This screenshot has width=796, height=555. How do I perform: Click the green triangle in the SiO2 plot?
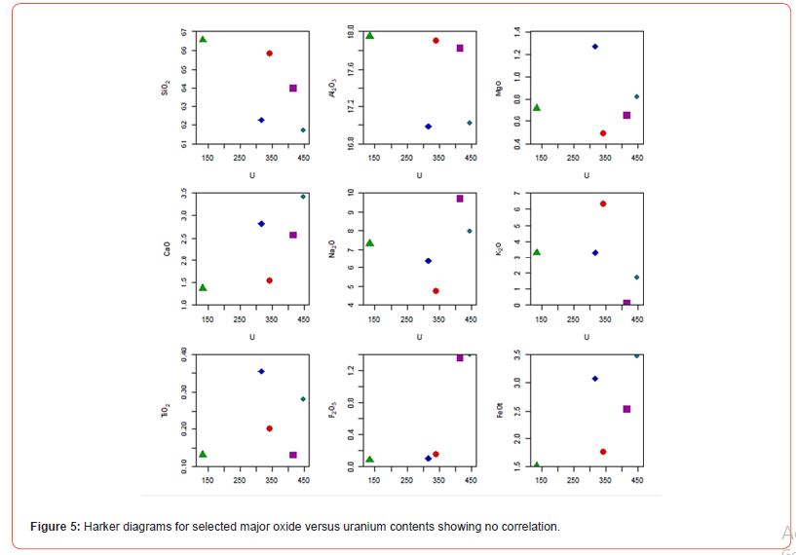point(203,40)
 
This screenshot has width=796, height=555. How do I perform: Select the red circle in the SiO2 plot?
point(269,54)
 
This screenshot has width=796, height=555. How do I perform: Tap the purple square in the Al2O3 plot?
point(460,48)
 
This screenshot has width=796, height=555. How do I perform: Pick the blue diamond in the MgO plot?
point(595,47)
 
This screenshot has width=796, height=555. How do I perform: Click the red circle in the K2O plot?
point(603,203)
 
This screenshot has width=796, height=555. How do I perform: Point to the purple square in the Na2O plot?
point(460,199)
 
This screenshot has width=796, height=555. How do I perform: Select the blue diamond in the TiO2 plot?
point(261,371)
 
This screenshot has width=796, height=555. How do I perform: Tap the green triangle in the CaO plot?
point(203,287)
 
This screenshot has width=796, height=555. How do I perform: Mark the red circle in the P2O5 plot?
point(436,454)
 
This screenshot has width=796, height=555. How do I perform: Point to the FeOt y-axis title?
point(500,412)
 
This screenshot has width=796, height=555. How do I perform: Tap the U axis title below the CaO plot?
point(252,336)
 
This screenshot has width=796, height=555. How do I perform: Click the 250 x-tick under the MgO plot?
point(573,157)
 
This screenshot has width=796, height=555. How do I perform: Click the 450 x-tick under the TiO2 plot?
point(303,480)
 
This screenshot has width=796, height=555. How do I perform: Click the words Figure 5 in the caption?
point(55,527)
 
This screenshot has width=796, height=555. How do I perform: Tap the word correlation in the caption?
point(530,527)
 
